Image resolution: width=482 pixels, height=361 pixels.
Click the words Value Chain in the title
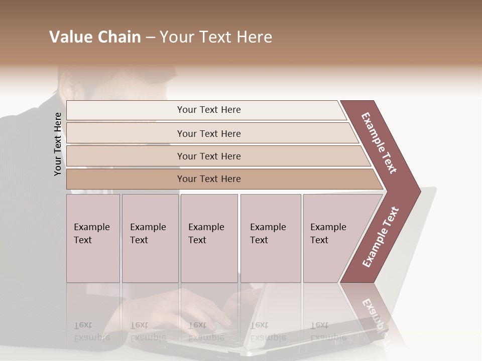95,37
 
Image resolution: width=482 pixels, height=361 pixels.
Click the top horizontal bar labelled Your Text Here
208,110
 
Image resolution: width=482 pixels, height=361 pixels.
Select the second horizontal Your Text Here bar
208,133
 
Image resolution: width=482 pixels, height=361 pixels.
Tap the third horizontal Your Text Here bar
208,156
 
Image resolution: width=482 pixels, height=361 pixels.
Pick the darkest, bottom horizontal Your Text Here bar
208,179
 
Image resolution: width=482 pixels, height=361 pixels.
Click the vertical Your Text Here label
58,144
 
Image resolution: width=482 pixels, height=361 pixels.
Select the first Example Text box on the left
93,238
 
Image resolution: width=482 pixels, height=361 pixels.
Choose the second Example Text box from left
150,238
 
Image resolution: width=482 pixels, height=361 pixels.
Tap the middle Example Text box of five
209,238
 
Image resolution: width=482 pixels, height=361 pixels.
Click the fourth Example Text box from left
270,238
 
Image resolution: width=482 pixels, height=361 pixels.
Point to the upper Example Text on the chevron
379,143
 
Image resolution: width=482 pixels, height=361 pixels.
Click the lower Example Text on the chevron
381,237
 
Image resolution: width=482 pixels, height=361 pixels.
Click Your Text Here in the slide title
216,37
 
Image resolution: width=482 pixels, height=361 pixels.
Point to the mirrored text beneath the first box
91,331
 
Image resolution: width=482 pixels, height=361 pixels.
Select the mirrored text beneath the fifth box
328,331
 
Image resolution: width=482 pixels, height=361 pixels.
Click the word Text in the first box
83,240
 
